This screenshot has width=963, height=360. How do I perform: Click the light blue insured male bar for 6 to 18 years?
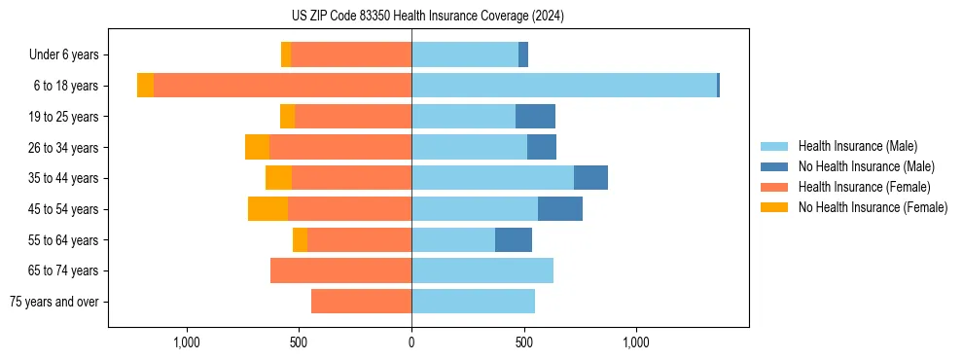point(564,86)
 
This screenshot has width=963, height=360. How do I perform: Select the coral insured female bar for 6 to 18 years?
point(282,86)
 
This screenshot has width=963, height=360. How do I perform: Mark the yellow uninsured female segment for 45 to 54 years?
point(267,209)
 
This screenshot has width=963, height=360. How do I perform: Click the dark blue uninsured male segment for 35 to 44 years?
point(590,178)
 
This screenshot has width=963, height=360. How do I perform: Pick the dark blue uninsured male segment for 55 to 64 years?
point(514,239)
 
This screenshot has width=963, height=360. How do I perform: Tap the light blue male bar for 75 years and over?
point(473,302)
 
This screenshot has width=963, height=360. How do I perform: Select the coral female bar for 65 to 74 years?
point(340,270)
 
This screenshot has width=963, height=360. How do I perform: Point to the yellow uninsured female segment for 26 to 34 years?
point(257,147)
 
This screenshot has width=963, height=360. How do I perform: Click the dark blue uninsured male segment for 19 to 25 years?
point(535,117)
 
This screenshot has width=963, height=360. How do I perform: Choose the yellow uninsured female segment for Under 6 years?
point(286,55)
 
